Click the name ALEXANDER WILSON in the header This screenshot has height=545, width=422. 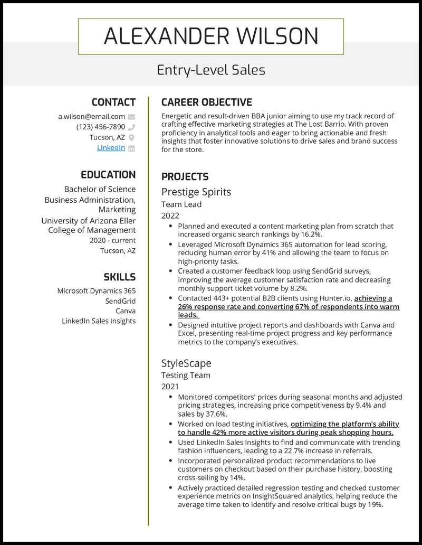[x=211, y=36]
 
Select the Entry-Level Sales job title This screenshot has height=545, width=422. [x=211, y=70]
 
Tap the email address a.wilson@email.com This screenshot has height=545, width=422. [x=91, y=116]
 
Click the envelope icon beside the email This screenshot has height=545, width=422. [x=131, y=117]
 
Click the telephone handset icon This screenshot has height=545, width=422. [x=131, y=127]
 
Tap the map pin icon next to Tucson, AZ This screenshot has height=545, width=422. [x=131, y=138]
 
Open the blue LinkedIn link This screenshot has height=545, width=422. [x=111, y=148]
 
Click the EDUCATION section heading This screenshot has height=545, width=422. [x=108, y=175]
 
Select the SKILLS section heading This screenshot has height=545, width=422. [x=119, y=277]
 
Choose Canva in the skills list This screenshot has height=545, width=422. [x=126, y=311]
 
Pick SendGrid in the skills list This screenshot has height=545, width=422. [x=120, y=300]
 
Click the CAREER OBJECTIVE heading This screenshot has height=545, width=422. [x=206, y=102]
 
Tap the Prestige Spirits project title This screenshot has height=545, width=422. [x=196, y=192]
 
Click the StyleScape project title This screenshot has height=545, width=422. [x=186, y=363]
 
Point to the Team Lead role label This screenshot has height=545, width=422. [x=181, y=204]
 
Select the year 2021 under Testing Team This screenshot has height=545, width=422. [x=170, y=387]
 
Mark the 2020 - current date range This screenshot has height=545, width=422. [x=112, y=240]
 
